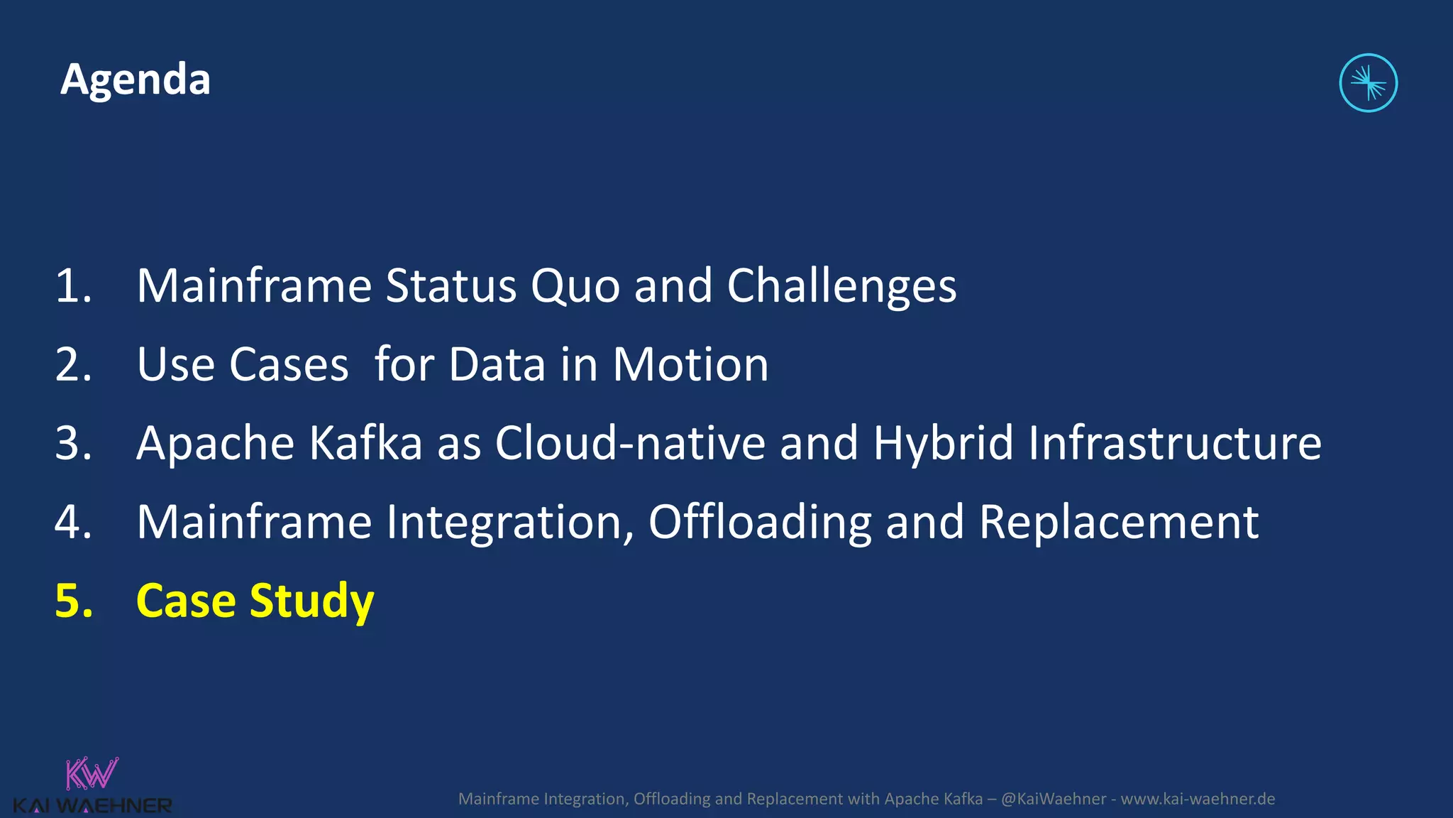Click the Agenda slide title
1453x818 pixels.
click(x=136, y=80)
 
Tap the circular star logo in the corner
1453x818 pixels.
click(x=1368, y=83)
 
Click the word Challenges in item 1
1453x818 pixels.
click(x=841, y=286)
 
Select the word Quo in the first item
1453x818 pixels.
click(x=575, y=286)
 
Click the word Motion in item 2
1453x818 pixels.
click(x=690, y=365)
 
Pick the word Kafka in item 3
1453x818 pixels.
click(x=366, y=444)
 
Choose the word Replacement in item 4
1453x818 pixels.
click(x=1119, y=523)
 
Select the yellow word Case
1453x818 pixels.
click(x=186, y=601)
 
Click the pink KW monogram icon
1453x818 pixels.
click(x=92, y=773)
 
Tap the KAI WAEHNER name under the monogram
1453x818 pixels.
click(x=92, y=806)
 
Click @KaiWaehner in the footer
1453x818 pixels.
click(x=1053, y=799)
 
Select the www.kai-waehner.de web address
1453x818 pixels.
click(x=1198, y=799)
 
